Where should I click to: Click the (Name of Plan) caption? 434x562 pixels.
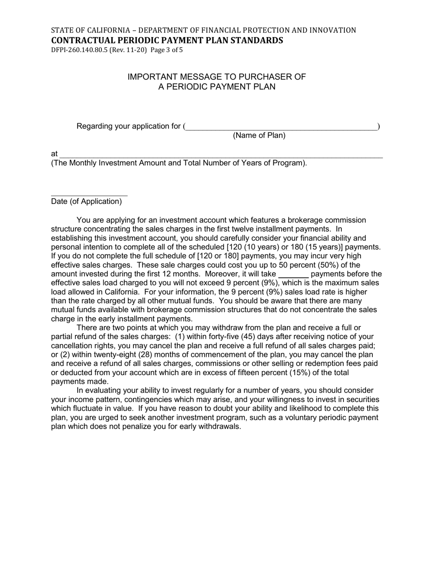[x=259, y=135]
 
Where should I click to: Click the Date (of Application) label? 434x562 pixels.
[x=86, y=201]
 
